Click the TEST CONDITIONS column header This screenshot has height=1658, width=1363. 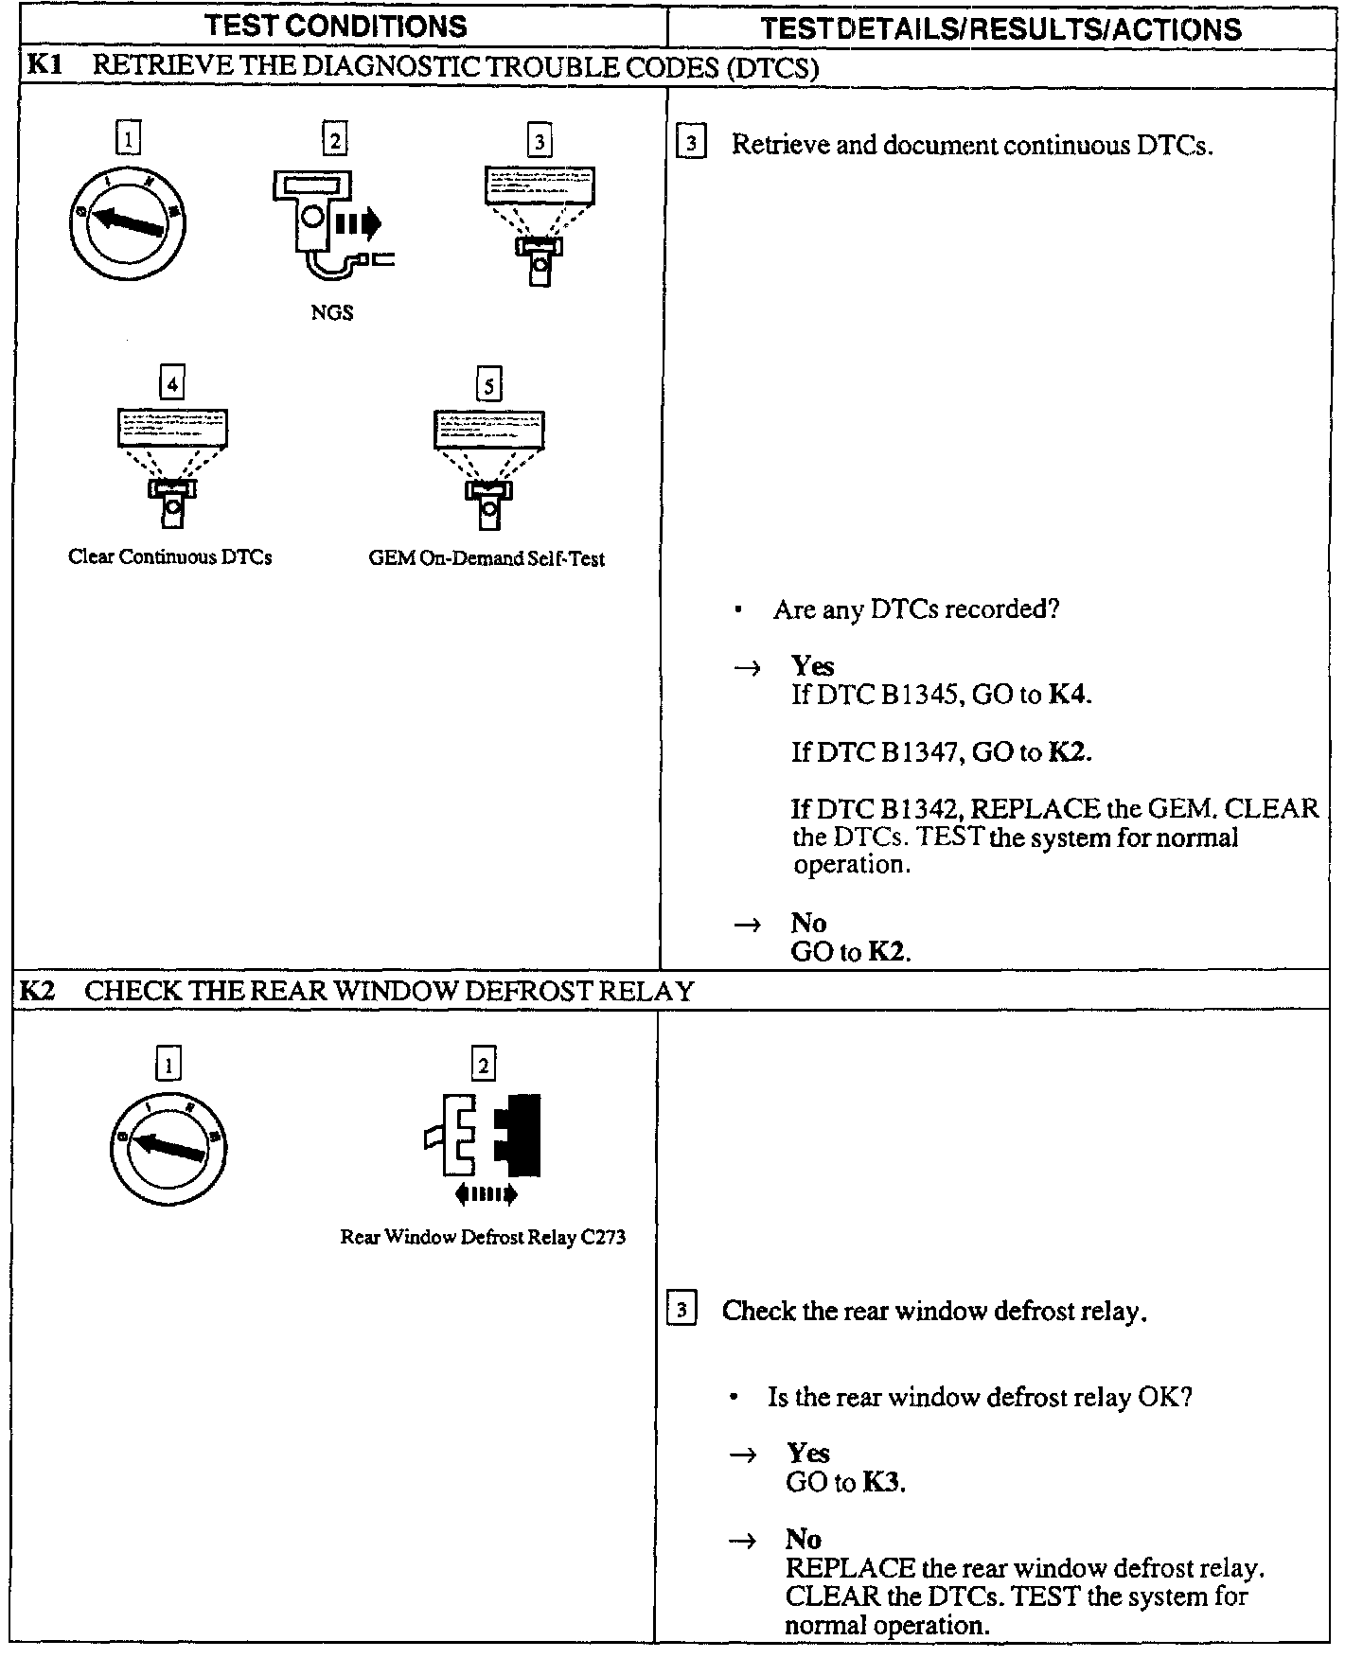(337, 26)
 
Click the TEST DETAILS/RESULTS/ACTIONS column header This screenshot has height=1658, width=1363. (1000, 29)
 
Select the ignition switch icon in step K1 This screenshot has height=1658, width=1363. (127, 224)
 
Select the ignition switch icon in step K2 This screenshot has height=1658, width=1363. (168, 1146)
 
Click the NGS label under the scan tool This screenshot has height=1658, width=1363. (331, 313)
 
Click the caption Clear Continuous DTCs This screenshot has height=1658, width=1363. (170, 557)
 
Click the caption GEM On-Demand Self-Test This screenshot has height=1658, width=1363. (487, 558)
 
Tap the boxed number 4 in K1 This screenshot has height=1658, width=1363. (172, 384)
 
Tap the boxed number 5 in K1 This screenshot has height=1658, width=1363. (488, 386)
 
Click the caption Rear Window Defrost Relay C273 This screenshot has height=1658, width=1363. (483, 1237)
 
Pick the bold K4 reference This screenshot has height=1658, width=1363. (1069, 696)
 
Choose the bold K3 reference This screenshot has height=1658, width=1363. (881, 1482)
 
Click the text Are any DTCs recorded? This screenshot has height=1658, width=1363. (915, 609)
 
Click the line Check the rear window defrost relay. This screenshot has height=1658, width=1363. (933, 1311)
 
